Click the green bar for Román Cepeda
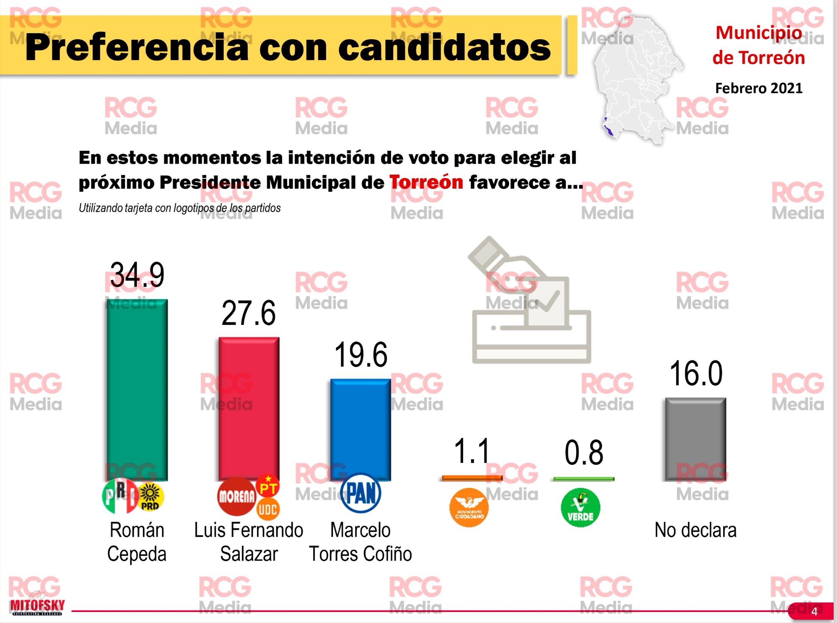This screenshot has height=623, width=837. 137,390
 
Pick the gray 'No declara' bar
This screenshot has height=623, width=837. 695,438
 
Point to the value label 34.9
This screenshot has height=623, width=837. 137,275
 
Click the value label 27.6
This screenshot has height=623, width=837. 249,313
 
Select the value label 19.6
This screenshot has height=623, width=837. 360,354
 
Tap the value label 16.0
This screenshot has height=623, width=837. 695,373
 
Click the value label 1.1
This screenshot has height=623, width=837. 472,451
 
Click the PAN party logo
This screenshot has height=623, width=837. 360,493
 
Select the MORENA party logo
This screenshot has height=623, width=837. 236,497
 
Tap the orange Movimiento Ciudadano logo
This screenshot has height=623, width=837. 469,507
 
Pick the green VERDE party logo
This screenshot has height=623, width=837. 580,507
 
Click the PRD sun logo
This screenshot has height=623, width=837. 150,497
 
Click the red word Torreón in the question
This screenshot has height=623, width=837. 426,182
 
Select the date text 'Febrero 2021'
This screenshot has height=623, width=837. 759,88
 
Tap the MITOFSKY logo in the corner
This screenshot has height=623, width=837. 37,607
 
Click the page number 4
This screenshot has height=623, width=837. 814,611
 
